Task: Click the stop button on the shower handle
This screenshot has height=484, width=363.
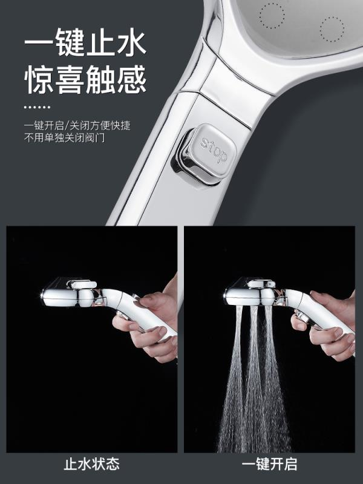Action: (205, 154)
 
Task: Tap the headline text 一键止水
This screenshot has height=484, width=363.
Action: (85, 42)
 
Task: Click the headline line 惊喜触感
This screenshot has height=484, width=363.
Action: (85, 79)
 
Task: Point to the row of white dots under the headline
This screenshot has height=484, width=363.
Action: (37, 107)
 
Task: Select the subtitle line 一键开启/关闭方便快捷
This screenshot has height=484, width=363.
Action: (77, 126)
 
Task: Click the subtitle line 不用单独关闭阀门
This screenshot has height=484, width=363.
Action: (65, 137)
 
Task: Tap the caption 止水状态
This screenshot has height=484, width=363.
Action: (92, 464)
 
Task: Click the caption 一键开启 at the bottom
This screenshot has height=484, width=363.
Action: (269, 464)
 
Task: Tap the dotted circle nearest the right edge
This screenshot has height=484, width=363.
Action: (332, 29)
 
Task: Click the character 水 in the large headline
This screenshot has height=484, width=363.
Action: (131, 42)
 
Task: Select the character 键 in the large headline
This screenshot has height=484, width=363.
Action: (70, 42)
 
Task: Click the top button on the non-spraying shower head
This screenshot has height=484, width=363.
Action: (82, 284)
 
